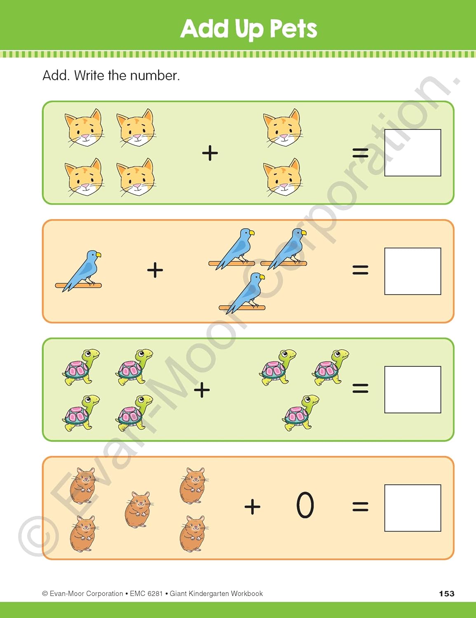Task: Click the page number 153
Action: point(447,594)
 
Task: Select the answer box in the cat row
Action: point(413,153)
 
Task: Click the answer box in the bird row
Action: point(413,271)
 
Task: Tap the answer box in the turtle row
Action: point(413,389)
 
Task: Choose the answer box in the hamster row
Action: point(413,508)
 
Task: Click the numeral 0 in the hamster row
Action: point(305,505)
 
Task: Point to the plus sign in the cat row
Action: point(210,153)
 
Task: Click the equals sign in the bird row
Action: point(360,269)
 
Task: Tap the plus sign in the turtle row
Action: point(202,390)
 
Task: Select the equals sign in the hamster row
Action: point(360,507)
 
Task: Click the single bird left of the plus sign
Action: point(79,271)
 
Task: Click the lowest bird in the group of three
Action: point(242,293)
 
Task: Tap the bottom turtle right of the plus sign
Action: point(300,413)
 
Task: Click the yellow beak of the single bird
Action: point(98,255)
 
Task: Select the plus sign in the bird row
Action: point(155,270)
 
